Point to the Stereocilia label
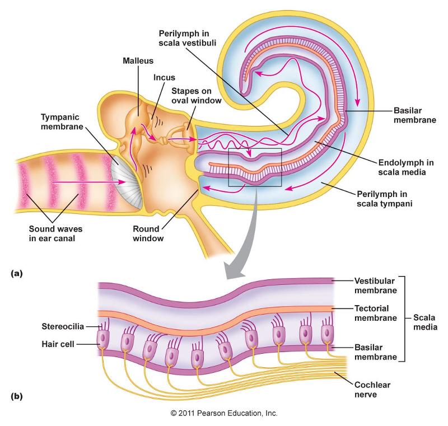click(62, 326)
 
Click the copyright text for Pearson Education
click(224, 414)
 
